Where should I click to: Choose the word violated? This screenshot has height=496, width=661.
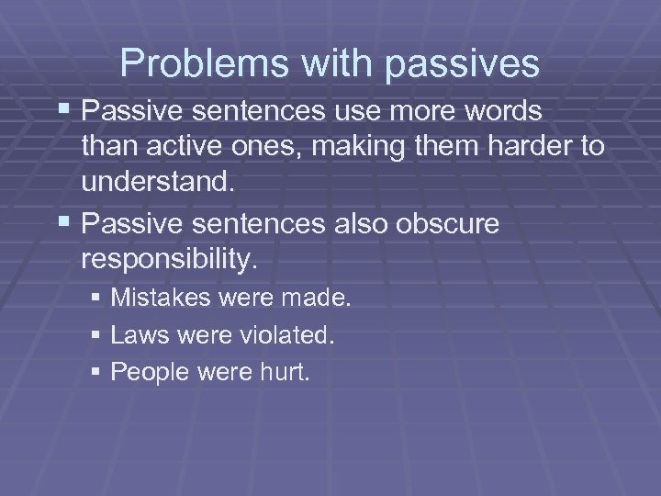pyautogui.click(x=289, y=336)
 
